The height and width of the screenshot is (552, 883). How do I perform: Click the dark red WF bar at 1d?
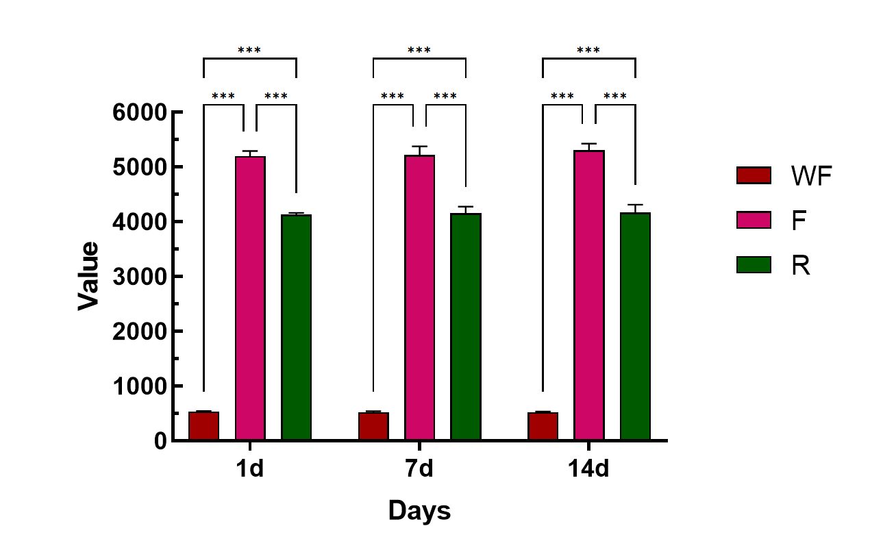(x=203, y=426)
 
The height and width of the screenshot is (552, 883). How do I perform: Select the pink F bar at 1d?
(x=250, y=298)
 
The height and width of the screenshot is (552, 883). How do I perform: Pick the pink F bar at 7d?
(x=419, y=297)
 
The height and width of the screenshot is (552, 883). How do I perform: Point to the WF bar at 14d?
(x=543, y=427)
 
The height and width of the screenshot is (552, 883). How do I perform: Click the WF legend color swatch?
(x=754, y=176)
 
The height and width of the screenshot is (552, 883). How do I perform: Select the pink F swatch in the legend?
(x=754, y=220)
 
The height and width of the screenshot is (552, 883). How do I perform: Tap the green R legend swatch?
(x=754, y=264)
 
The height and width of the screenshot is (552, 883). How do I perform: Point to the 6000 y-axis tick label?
(x=140, y=112)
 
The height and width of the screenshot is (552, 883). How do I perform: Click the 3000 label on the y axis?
(x=140, y=277)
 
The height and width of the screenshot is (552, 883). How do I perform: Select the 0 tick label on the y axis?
(x=160, y=442)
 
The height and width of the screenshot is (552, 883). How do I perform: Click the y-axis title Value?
(x=88, y=276)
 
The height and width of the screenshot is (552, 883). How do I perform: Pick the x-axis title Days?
(x=419, y=511)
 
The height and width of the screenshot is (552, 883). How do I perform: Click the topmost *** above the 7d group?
(x=419, y=51)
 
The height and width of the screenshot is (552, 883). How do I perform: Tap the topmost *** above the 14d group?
(x=588, y=51)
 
